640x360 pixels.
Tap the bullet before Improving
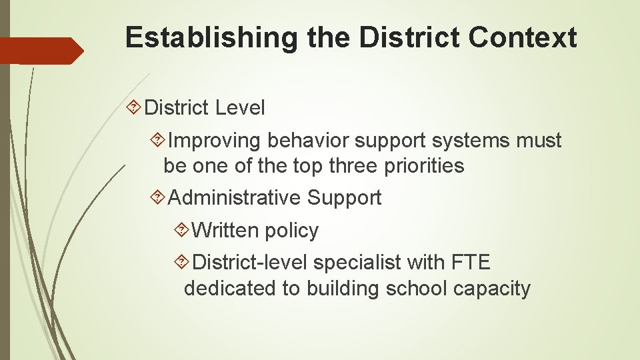click(x=158, y=141)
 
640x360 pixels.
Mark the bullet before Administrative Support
click(x=158, y=198)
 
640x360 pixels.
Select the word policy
click(x=291, y=231)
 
